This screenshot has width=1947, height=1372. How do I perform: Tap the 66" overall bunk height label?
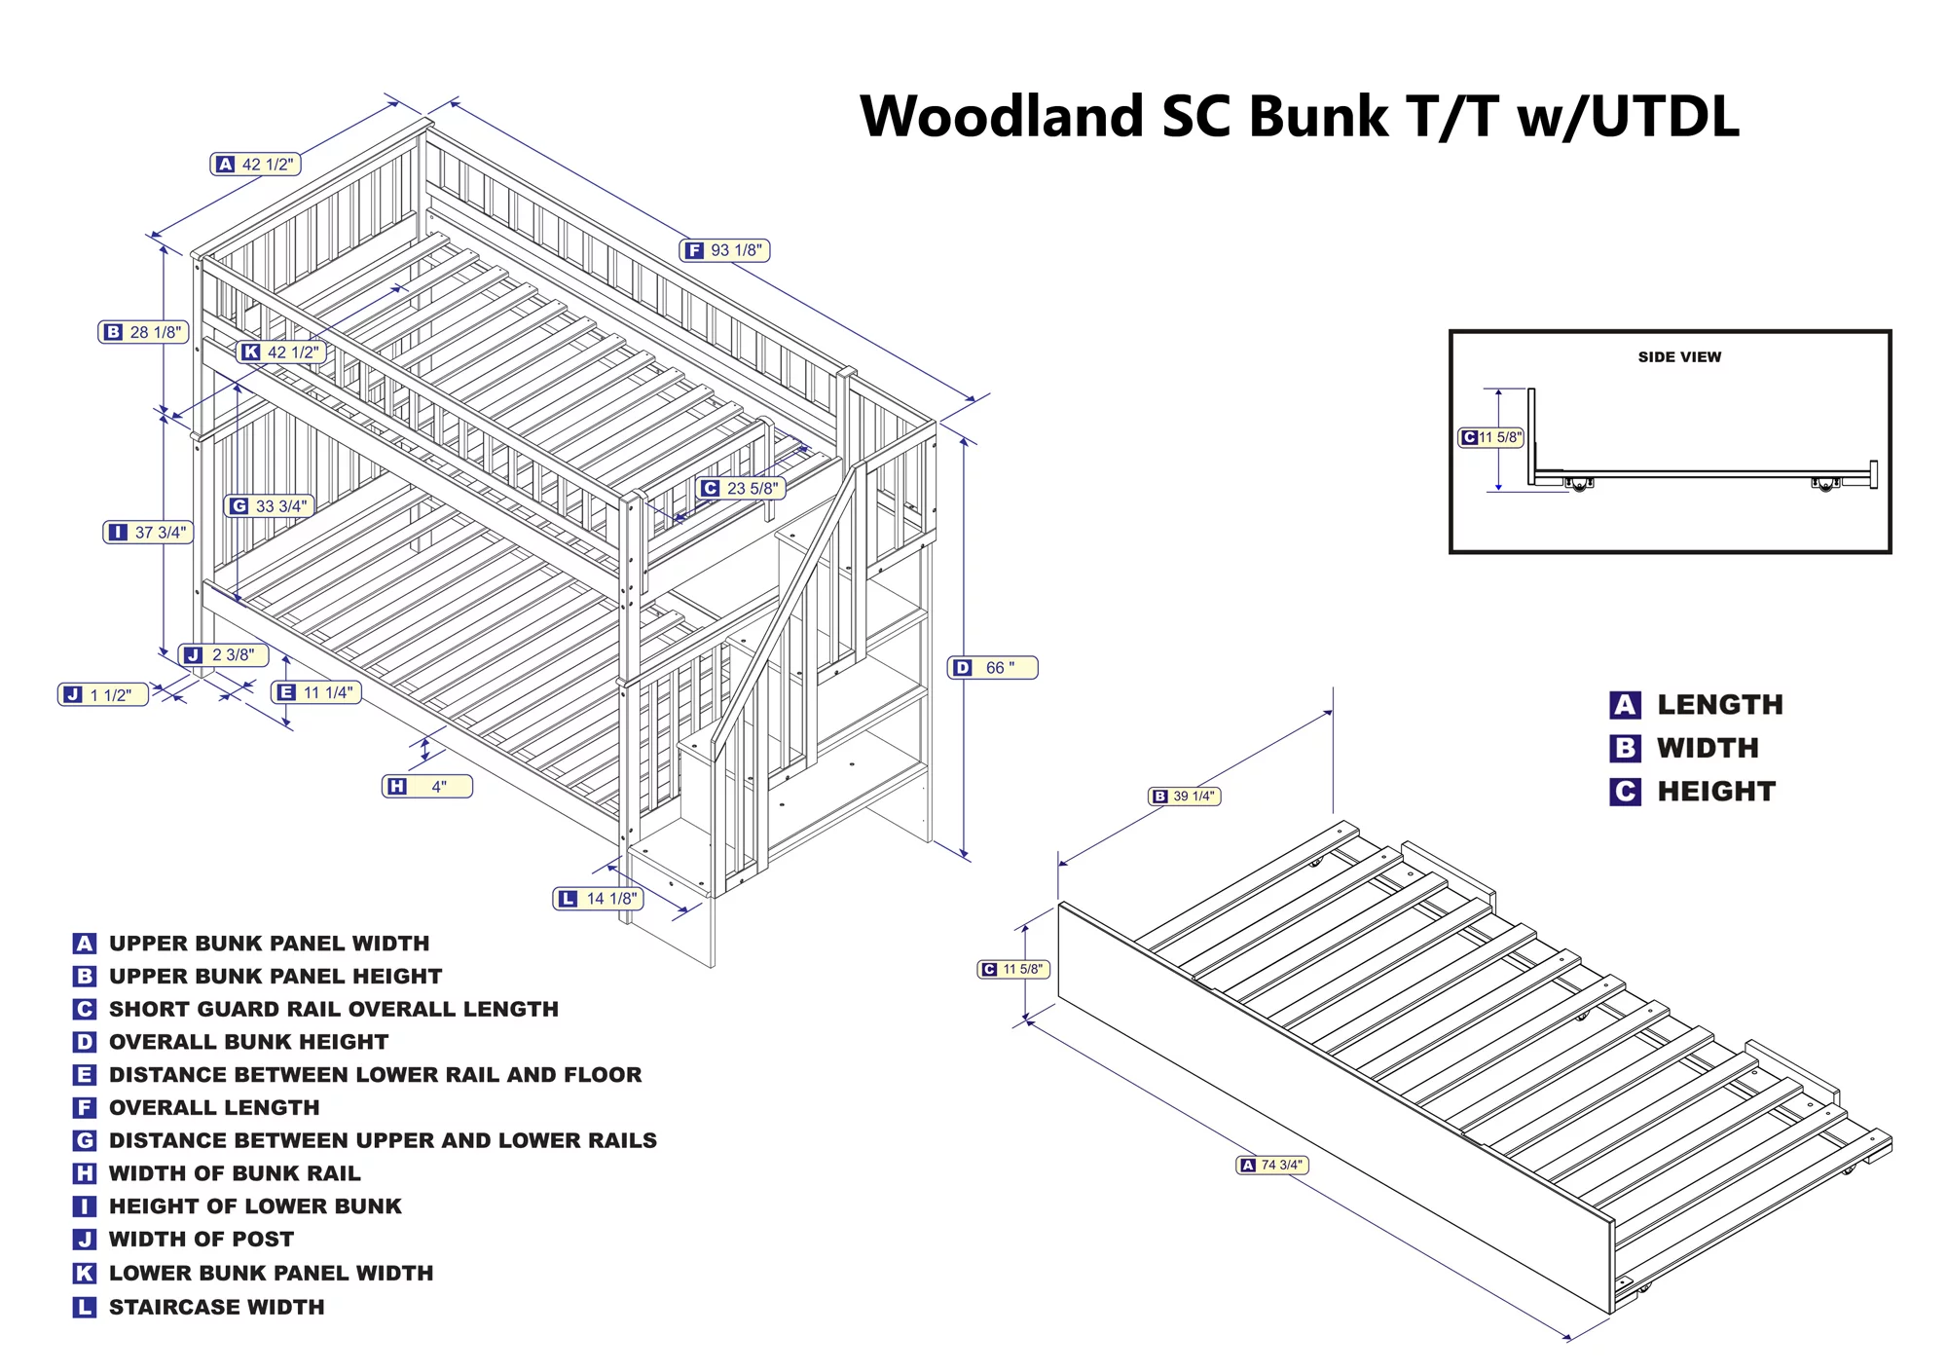(x=992, y=668)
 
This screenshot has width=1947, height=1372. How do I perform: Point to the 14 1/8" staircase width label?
(x=599, y=899)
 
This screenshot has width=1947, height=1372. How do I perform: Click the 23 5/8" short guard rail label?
(x=741, y=488)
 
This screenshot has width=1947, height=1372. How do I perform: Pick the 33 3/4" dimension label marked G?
(x=269, y=506)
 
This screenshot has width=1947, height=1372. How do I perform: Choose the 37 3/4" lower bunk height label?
(x=148, y=533)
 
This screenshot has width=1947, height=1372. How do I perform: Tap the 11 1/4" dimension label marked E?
(x=316, y=692)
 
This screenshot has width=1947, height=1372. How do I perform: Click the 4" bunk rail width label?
(x=427, y=786)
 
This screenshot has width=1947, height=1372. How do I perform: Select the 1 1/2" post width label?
(x=103, y=695)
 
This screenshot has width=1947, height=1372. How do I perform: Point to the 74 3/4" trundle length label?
(x=1271, y=1165)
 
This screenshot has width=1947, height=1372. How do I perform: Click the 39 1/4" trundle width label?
(x=1185, y=797)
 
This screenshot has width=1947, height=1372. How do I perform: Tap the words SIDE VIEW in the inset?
(x=1679, y=357)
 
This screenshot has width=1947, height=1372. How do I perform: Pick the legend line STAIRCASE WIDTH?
(x=216, y=1307)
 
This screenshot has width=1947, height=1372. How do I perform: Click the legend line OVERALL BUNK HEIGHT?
(x=248, y=1042)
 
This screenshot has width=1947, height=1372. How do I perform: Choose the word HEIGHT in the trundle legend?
(x=1716, y=792)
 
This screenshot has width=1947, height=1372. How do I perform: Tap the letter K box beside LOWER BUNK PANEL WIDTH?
(x=85, y=1273)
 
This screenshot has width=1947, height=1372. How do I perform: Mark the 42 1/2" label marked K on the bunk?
(x=280, y=352)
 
